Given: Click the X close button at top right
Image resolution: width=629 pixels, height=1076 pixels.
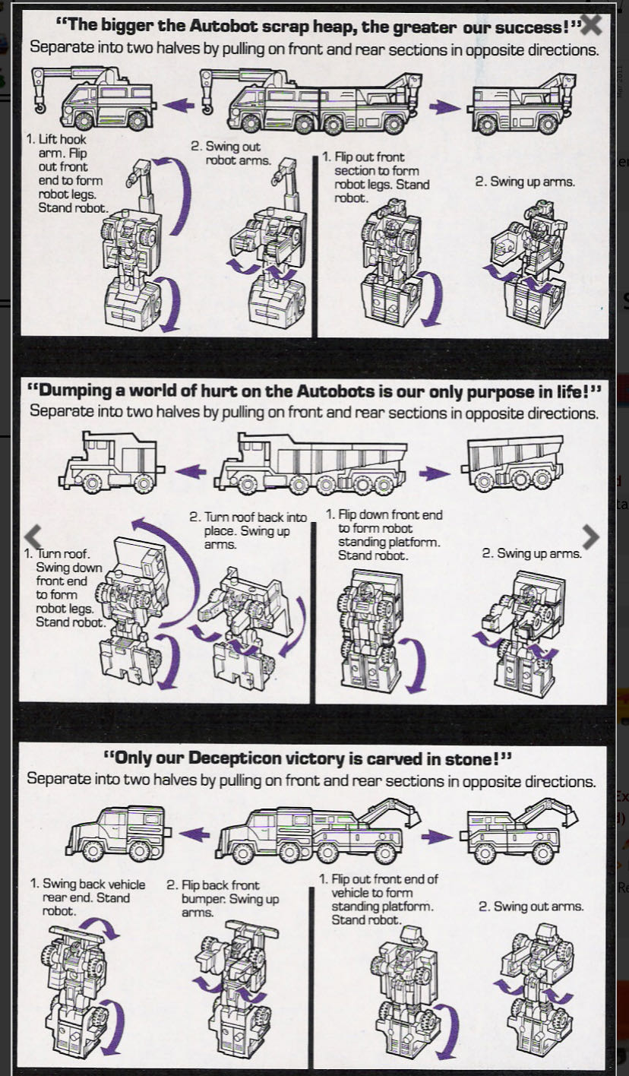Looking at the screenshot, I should coord(590,25).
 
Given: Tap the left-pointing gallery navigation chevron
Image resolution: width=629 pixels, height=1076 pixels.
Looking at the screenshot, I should coord(33,536).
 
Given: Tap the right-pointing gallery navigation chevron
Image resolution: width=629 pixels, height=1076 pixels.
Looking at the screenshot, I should coord(590,536).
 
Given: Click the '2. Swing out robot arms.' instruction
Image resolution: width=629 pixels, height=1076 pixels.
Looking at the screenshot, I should coord(238,153).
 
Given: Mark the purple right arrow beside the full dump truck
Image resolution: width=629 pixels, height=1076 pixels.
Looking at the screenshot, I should coord(434,473).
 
